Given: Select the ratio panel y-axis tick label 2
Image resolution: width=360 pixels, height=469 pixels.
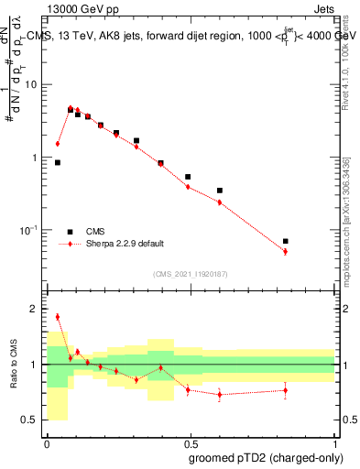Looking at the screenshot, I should pyautogui.click(x=34, y=309).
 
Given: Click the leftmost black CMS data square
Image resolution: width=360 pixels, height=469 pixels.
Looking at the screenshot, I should pyautogui.click(x=58, y=162).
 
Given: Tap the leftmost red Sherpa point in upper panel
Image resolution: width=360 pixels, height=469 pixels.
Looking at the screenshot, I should pyautogui.click(x=58, y=144).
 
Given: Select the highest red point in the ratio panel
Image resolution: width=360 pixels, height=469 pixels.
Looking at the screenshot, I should pyautogui.click(x=58, y=317).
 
